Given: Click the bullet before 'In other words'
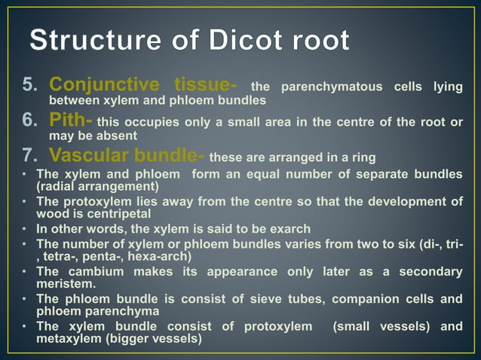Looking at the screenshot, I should tap(24, 229).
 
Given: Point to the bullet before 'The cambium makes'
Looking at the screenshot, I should tap(24, 271).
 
